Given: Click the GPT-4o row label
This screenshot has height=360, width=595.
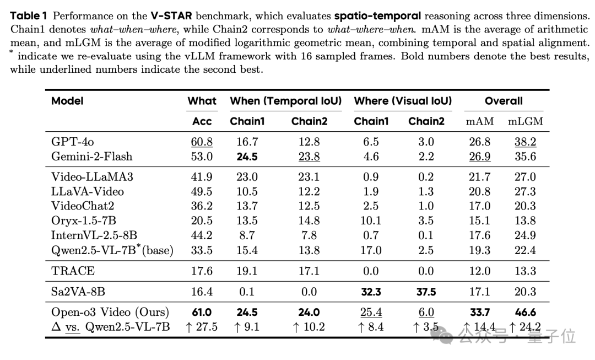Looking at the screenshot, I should point(72,142).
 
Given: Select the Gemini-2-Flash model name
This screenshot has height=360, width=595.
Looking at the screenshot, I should point(91,157).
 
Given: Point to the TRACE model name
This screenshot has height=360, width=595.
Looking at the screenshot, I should point(73,271).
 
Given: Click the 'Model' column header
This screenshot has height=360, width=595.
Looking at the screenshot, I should point(67,101).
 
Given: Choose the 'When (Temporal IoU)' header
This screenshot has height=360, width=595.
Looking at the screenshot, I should point(285,101).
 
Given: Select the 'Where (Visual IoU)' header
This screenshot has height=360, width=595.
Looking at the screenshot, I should point(403,101).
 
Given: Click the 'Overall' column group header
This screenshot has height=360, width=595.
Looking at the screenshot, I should point(504,101).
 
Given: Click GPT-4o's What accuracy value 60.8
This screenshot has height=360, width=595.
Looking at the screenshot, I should point(202,142).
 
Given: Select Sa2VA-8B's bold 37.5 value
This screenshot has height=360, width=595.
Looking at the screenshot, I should point(426,292).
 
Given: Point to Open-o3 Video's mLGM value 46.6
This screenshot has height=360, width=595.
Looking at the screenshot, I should point(525,313).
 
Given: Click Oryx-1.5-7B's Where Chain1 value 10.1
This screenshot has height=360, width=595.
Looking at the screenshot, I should point(371,221).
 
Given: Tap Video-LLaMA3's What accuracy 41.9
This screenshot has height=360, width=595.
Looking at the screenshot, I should point(202,177).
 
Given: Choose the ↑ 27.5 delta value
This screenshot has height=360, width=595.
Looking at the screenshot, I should point(202,327).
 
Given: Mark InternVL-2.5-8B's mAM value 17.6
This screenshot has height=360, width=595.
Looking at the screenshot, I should point(479,235).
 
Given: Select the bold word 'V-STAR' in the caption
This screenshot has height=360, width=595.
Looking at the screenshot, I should point(171,15).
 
